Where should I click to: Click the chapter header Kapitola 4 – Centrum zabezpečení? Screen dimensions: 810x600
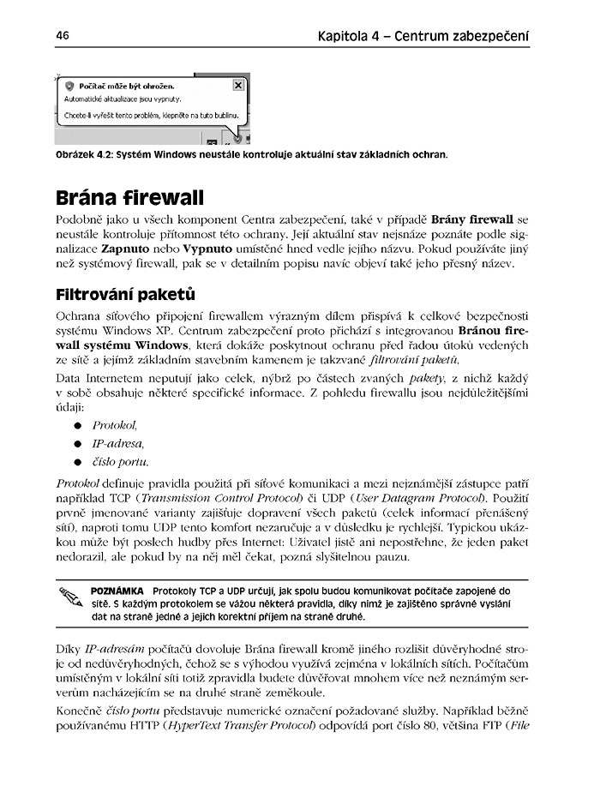423,37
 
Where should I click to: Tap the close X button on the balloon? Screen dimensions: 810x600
237,86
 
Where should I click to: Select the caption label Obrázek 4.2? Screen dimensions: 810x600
82,155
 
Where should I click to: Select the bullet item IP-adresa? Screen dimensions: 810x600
117,443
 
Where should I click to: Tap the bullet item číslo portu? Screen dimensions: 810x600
120,462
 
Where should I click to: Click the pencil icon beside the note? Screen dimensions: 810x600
69,596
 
